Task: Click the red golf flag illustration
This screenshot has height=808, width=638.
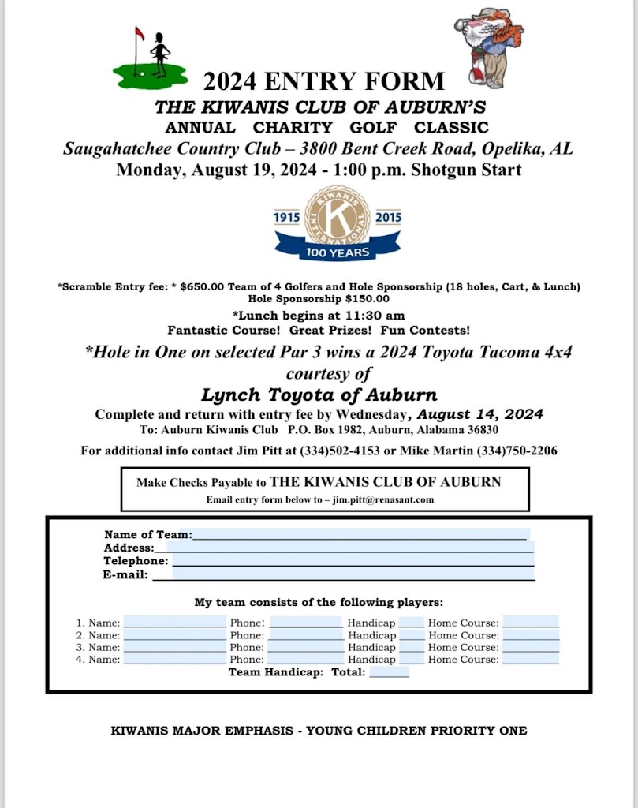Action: [140, 33]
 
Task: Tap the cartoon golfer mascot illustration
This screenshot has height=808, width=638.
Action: [489, 47]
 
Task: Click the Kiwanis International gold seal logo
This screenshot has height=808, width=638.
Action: [337, 215]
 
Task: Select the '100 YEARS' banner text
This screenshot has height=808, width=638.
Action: [337, 252]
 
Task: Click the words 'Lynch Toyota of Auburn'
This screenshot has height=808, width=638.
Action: [319, 395]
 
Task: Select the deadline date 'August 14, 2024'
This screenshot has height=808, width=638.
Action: [479, 414]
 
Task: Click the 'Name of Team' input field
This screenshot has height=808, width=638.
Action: [359, 534]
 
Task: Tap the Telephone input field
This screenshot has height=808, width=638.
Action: [353, 561]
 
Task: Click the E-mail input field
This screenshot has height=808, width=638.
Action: [342, 574]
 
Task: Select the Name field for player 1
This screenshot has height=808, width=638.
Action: [174, 623]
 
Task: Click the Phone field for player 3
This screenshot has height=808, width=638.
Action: [305, 647]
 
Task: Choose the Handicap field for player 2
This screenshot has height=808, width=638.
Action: [411, 635]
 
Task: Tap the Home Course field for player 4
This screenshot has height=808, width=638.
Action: [530, 659]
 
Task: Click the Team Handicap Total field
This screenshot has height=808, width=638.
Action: [389, 672]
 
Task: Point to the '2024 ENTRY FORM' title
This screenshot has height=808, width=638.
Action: [324, 80]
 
